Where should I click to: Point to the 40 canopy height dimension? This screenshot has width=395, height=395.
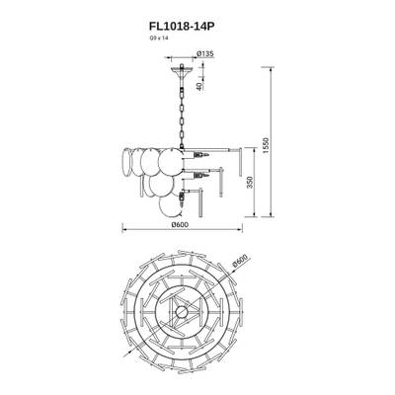(x=198, y=84)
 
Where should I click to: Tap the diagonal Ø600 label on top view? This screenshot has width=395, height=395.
(x=240, y=265)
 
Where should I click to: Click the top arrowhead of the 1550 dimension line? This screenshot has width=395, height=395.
(x=272, y=69)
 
